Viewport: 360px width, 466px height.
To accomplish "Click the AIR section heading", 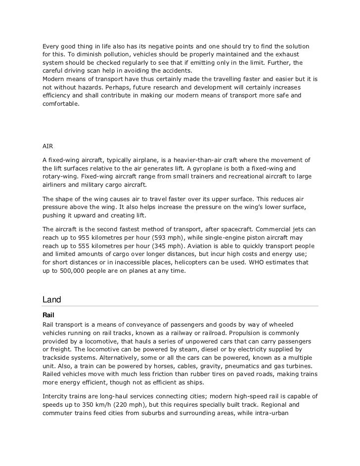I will (x=47, y=146).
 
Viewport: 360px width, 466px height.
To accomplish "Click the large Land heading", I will (x=52, y=299).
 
